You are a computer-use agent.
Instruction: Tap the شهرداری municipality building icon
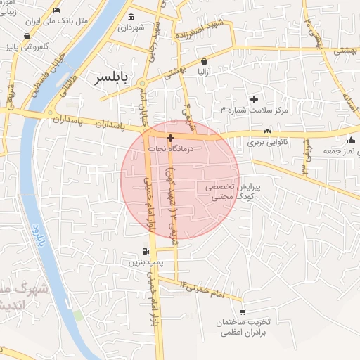pos(131,17)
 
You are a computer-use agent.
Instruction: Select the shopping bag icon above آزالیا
pos(204,61)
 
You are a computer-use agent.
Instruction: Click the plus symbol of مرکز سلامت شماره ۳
pos(255,99)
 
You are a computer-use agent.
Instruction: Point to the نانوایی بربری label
pos(266,143)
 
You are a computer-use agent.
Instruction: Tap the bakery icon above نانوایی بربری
pos(267,131)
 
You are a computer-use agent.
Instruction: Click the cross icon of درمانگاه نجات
pos(171,138)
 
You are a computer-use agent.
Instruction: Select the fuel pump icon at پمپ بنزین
pos(145,251)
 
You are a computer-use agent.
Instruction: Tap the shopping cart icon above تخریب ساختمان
pos(243,311)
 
